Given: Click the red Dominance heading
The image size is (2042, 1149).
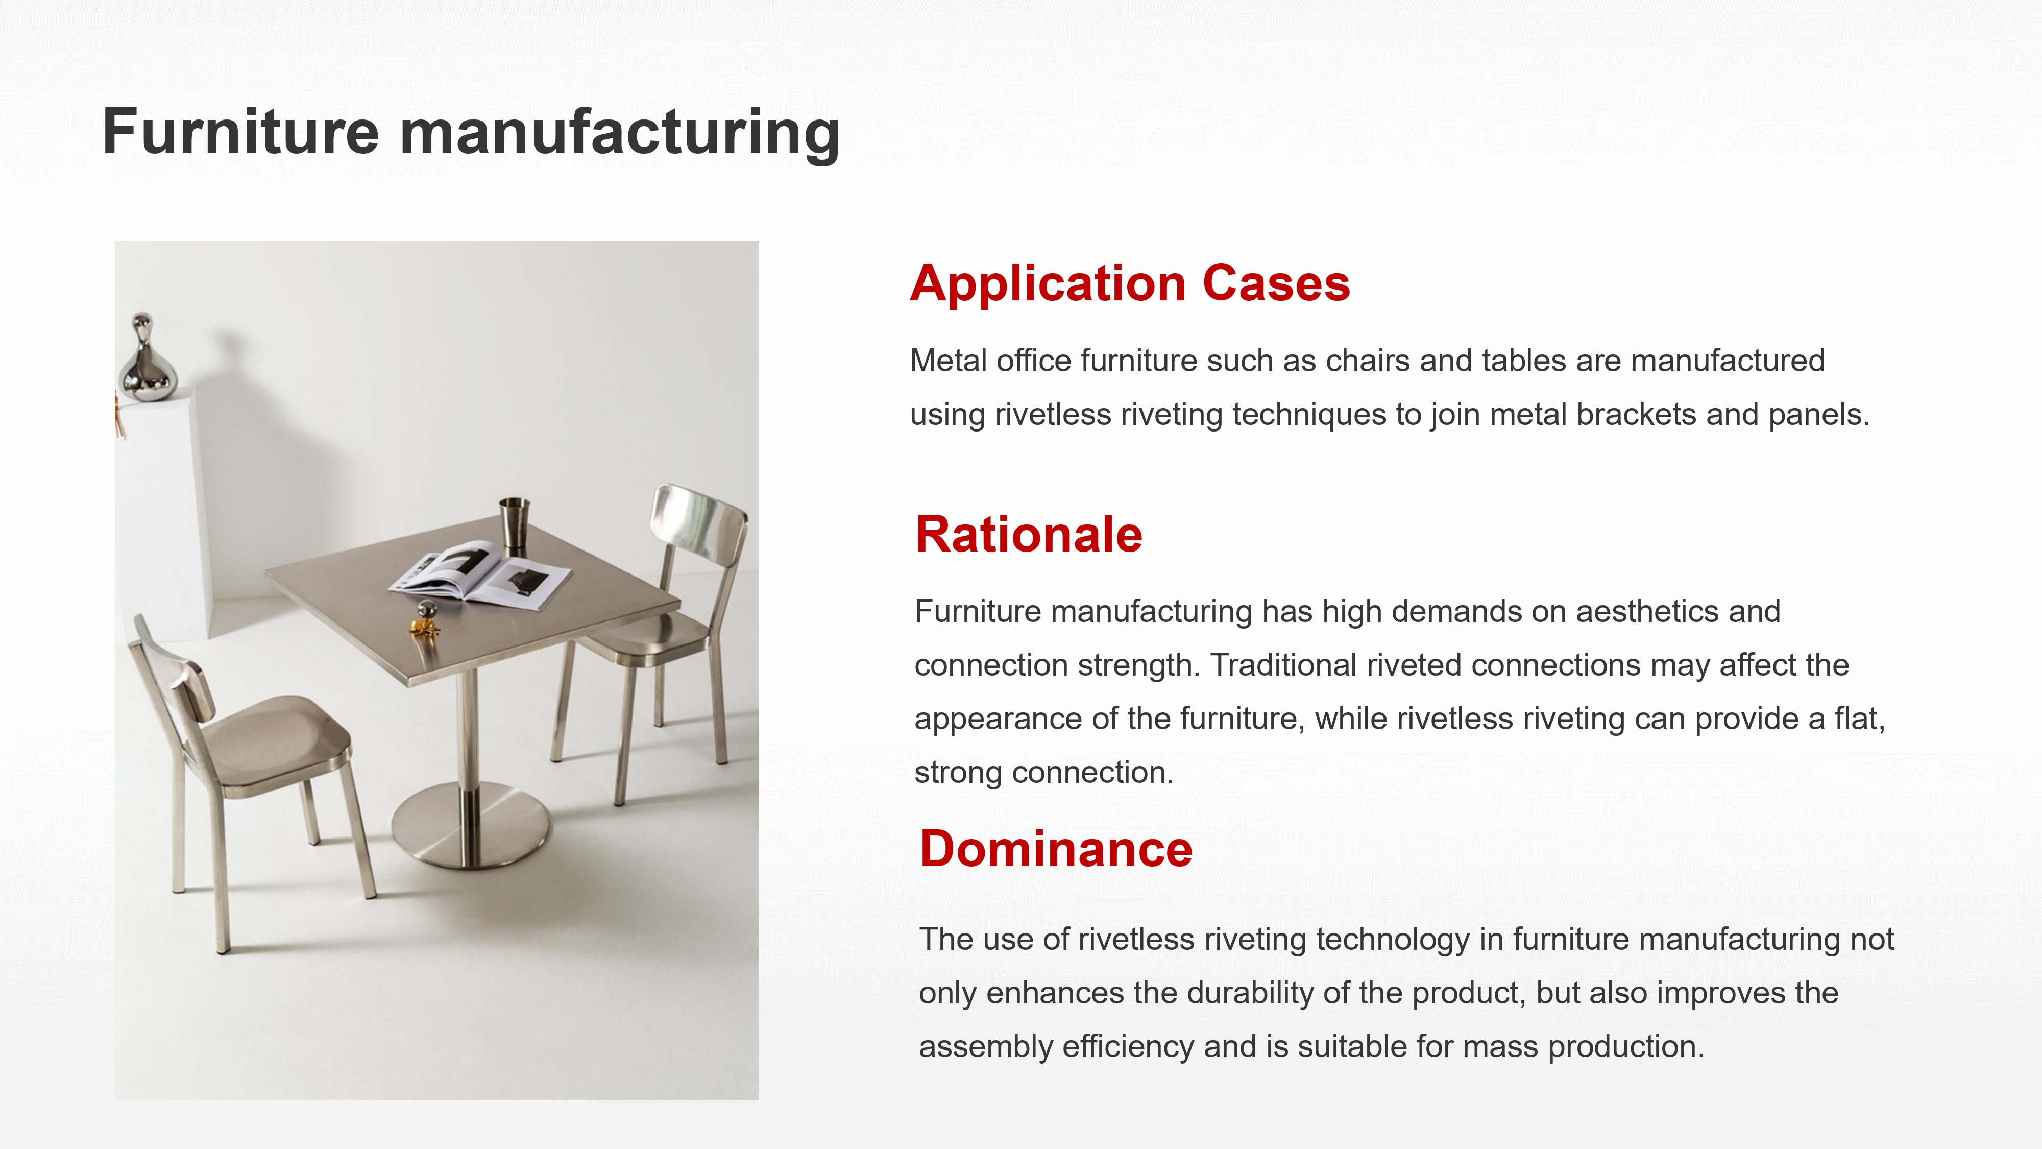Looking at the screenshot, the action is coord(1055,849).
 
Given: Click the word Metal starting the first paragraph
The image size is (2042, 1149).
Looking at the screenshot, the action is coord(948,361).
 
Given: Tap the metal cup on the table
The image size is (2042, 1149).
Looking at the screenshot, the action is coord(514,522).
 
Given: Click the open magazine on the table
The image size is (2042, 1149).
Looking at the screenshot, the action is coord(479,577).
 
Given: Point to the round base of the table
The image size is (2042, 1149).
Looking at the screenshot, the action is coord(470,825).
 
